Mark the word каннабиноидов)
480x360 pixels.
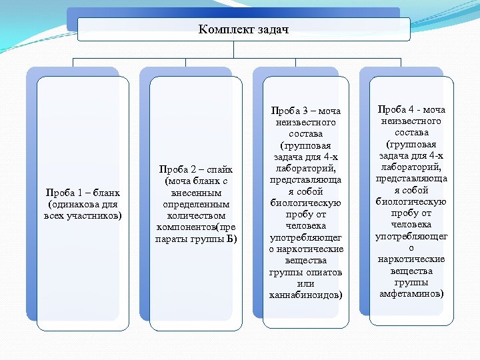click(x=306, y=295)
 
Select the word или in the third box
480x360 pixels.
click(x=306, y=283)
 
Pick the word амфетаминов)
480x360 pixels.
click(x=411, y=293)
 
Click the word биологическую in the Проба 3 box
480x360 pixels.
click(x=306, y=203)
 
